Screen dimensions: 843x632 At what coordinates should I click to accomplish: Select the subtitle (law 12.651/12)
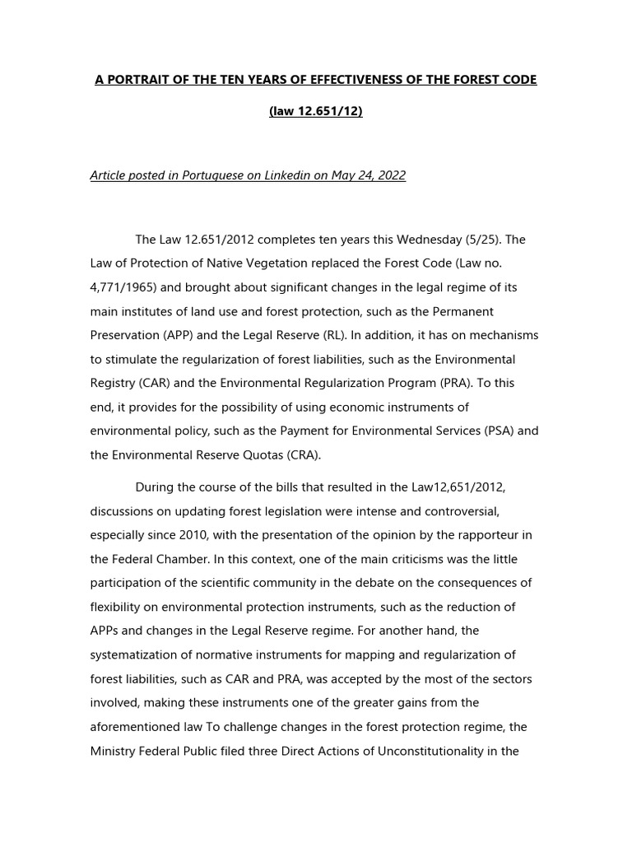315,111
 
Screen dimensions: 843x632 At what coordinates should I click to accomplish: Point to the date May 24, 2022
368,176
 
